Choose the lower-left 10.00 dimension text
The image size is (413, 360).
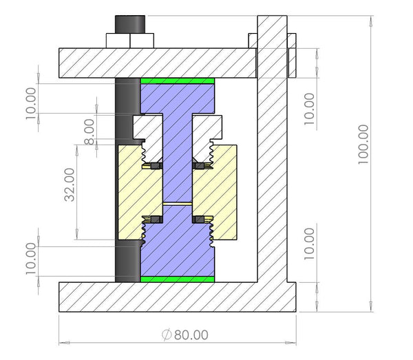(x=32, y=259)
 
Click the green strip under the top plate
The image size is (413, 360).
(x=178, y=81)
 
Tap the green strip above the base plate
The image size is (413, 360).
(x=178, y=279)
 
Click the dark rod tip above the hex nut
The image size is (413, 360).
(x=129, y=23)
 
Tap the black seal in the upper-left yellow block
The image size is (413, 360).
(x=152, y=166)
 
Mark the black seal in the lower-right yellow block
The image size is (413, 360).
(x=204, y=219)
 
